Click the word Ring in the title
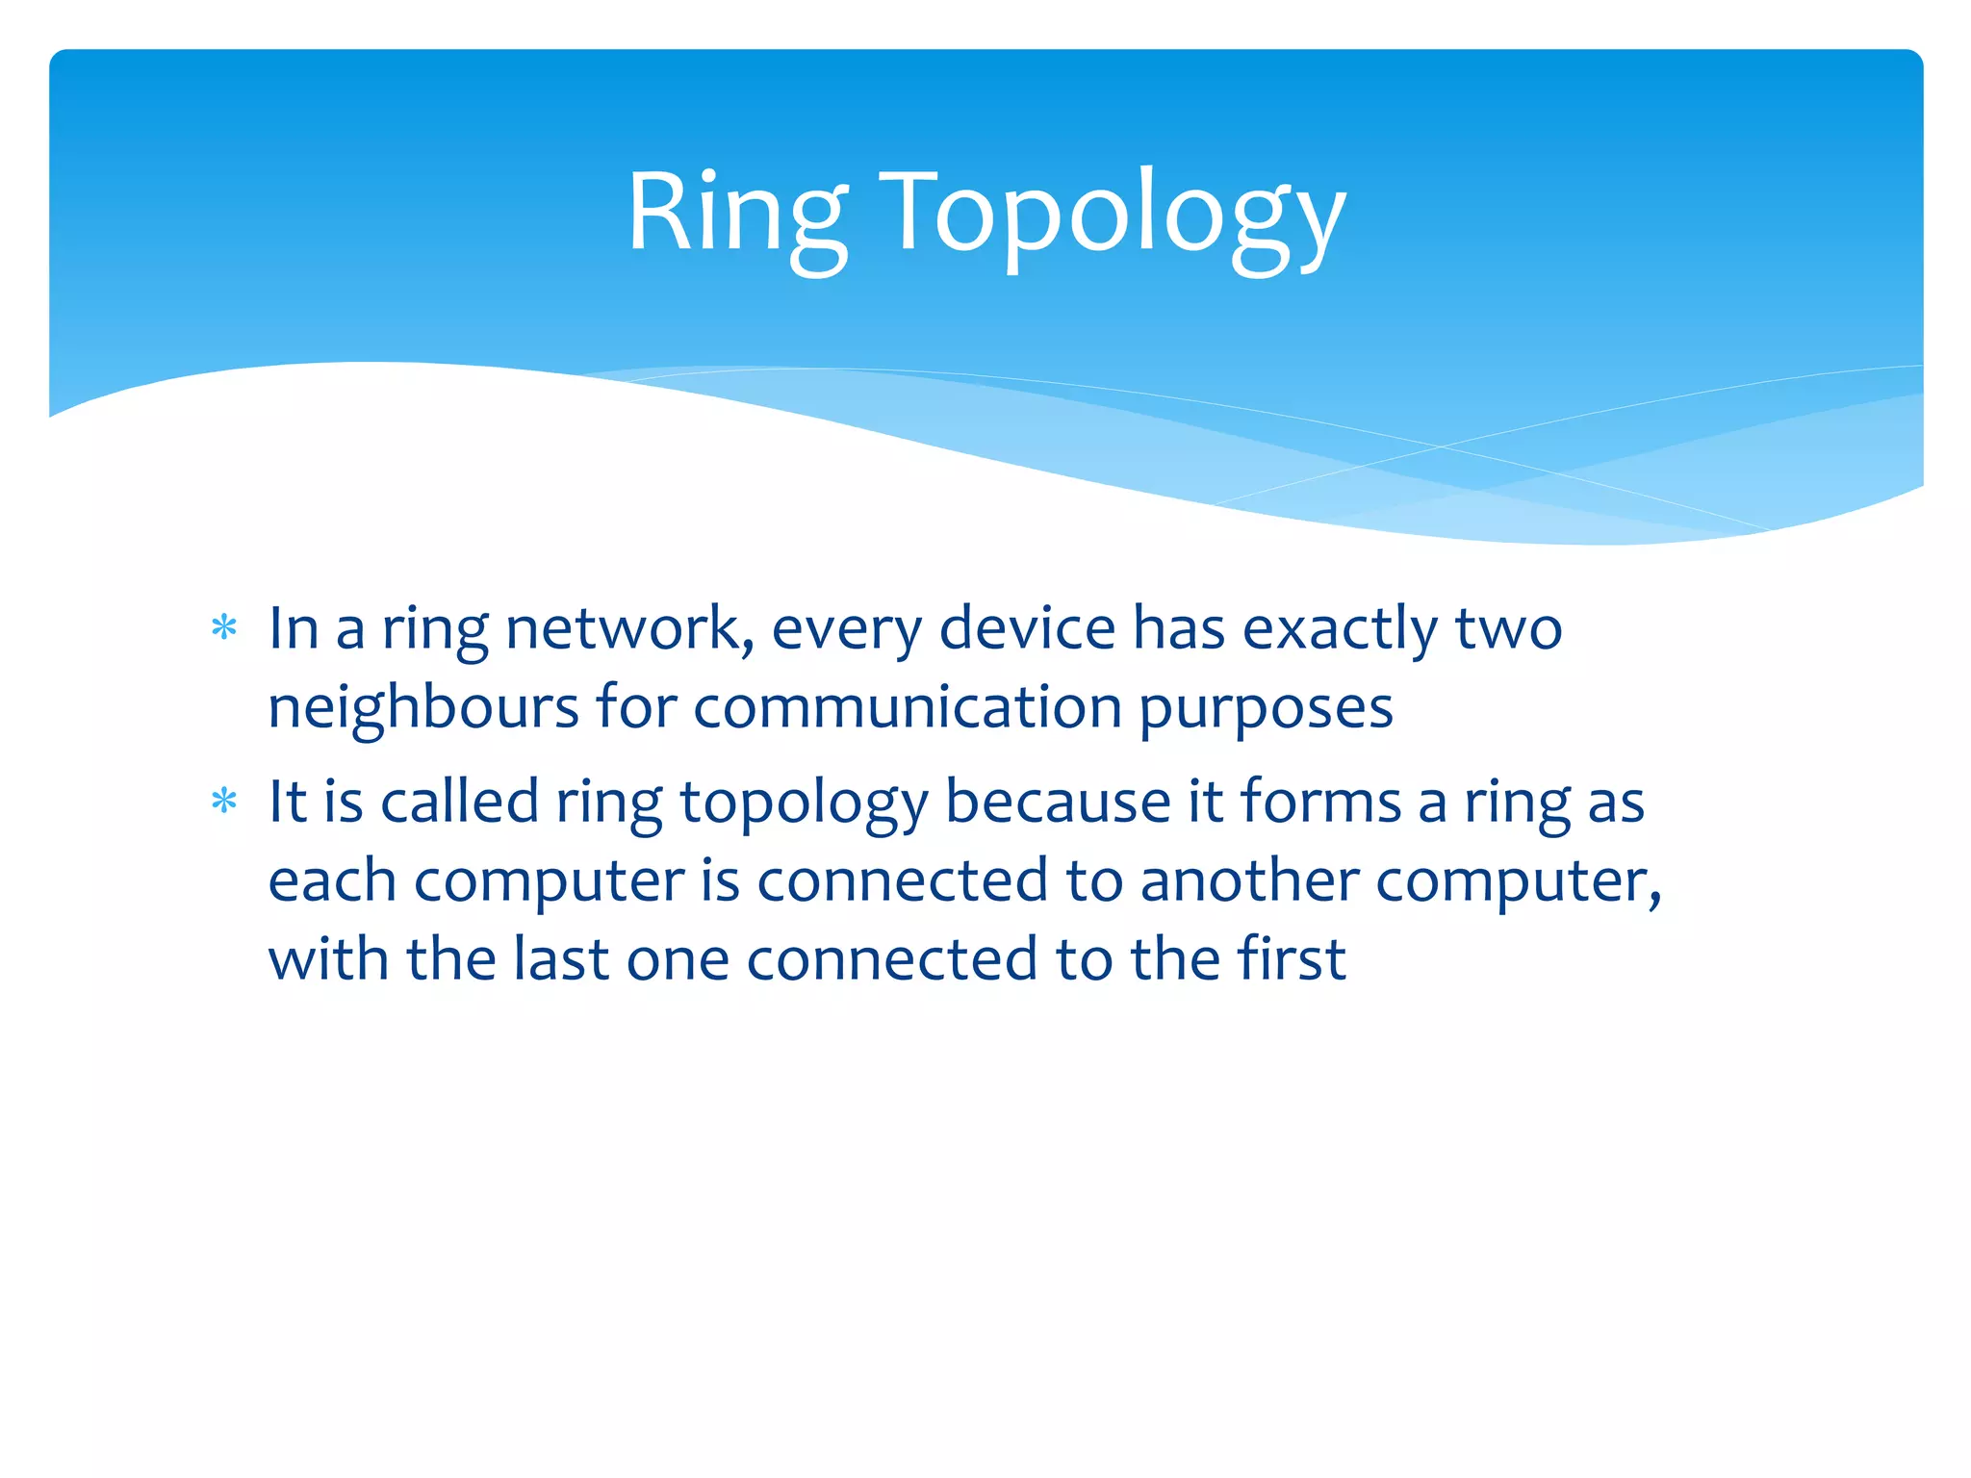tap(736, 214)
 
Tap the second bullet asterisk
tap(224, 802)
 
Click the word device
tap(1026, 629)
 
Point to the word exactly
tap(1339, 631)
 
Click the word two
tap(1508, 629)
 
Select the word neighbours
tap(423, 710)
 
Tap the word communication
tap(908, 708)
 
